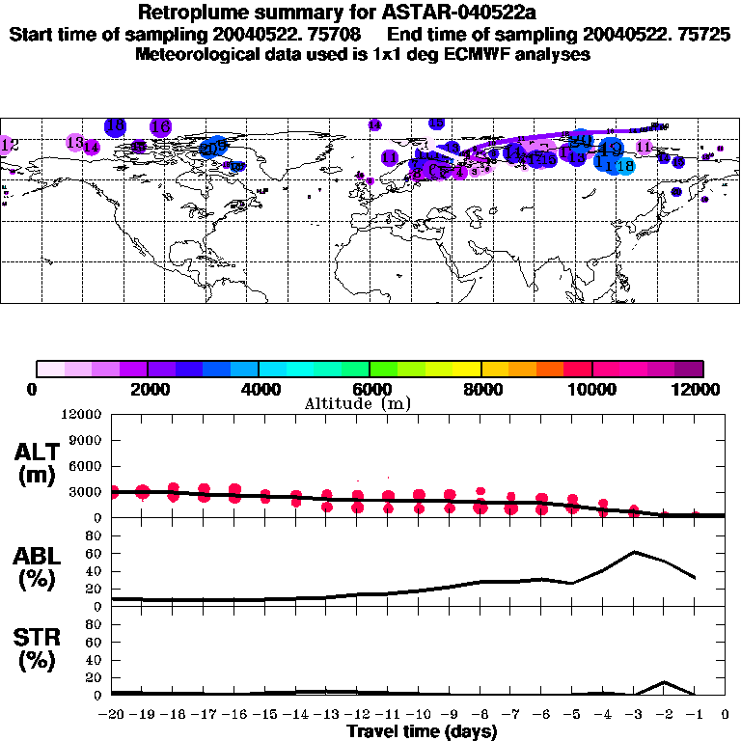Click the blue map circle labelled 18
coord(115,125)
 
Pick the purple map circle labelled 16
coord(160,126)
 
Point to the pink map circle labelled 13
coord(75,142)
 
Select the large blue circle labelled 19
coord(611,148)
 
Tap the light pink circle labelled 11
coord(645,146)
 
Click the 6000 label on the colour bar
coord(370,389)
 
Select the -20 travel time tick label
coord(112,715)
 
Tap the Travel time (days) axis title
coord(422,731)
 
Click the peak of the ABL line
coord(634,552)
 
